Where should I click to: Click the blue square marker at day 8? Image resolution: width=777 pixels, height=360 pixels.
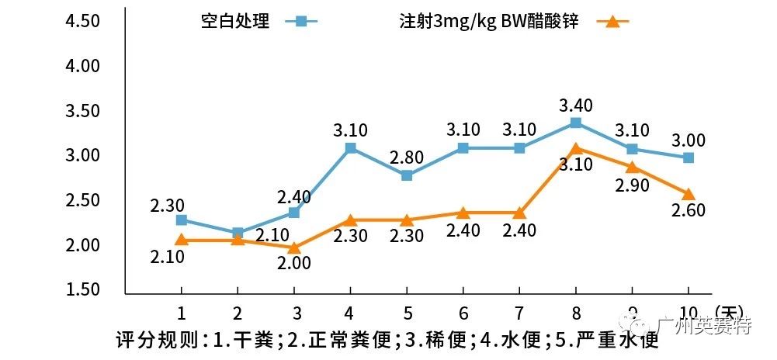[575, 123]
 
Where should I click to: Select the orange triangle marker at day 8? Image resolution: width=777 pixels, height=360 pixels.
[575, 149]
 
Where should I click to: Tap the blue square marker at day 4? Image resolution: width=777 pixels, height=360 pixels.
[350, 147]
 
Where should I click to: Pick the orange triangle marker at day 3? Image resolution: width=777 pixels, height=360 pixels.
[294, 247]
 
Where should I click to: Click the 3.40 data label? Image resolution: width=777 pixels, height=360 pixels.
[575, 106]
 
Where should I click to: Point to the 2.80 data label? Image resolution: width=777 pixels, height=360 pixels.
[407, 158]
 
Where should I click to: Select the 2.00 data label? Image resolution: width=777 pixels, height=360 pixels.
[294, 263]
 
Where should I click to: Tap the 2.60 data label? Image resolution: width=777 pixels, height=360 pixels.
[689, 212]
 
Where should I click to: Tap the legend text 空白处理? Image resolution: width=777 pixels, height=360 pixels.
[235, 22]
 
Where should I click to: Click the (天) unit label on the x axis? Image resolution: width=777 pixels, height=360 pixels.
[730, 311]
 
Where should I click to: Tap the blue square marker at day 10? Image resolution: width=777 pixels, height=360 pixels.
[688, 157]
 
